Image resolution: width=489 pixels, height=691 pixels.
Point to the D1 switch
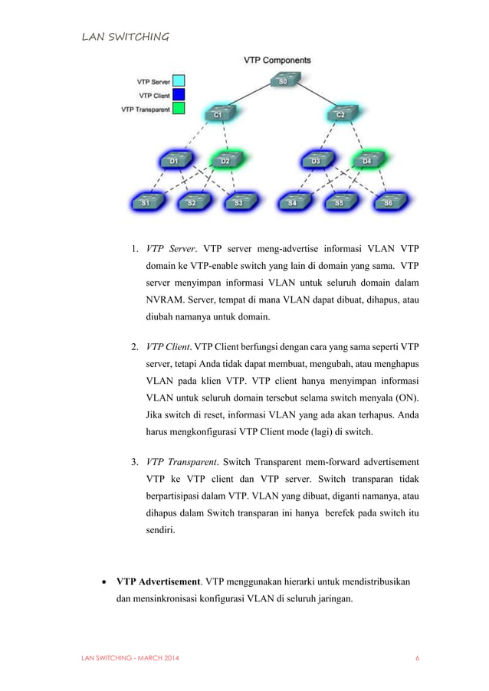tap(174, 160)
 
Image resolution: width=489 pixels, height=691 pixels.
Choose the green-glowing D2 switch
tap(225, 160)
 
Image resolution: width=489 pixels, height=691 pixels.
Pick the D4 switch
tap(366, 160)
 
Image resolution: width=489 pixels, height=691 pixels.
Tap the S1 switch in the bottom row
tap(146, 201)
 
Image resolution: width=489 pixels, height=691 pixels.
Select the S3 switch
tap(238, 201)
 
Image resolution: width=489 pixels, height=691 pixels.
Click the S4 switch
tap(293, 201)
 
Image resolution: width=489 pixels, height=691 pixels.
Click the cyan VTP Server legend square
tap(178, 80)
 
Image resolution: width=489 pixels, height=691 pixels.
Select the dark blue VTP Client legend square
tap(178, 94)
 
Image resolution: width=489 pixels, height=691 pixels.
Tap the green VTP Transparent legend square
tap(178, 109)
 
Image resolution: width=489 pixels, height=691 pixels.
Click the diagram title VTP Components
tap(277, 60)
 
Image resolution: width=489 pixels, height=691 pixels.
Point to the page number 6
tap(417, 658)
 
